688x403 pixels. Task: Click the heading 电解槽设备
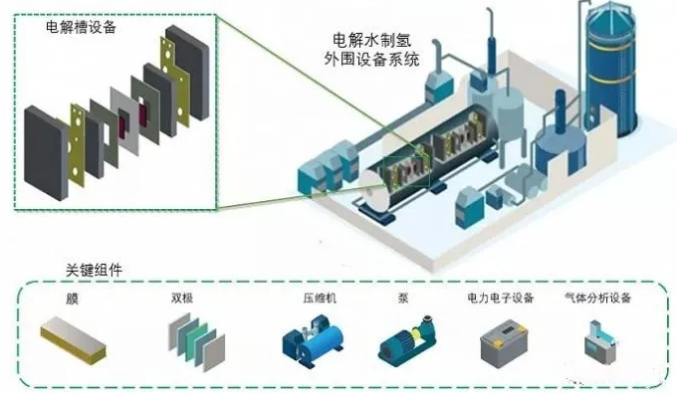click(82, 27)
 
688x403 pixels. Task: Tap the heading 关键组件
click(94, 270)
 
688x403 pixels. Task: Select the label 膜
click(72, 299)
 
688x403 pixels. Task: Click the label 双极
click(182, 299)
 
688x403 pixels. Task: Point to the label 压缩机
click(320, 299)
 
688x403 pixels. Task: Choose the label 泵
click(403, 299)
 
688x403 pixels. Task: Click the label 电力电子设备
click(501, 299)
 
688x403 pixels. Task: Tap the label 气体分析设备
click(597, 299)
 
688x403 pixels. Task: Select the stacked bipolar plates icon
click(196, 341)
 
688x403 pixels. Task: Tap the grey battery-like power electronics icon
click(504, 343)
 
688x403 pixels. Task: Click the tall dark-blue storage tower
click(611, 70)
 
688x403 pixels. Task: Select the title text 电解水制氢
click(372, 41)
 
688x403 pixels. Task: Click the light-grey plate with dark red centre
click(125, 121)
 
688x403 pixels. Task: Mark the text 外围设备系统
click(372, 59)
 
